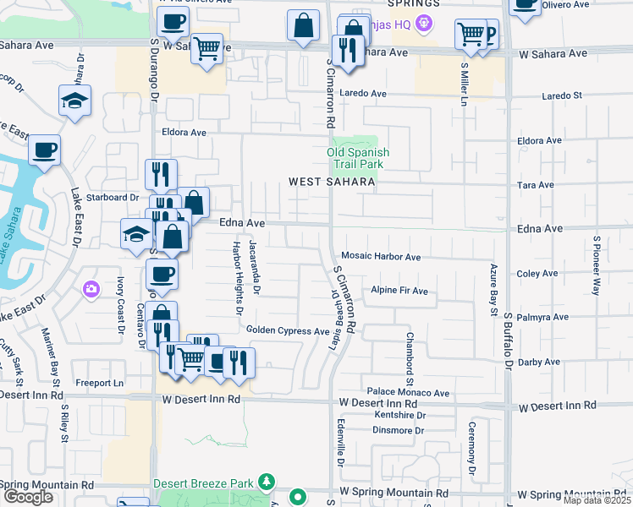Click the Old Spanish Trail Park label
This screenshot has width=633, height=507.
(x=358, y=158)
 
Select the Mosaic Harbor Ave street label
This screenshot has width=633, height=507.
(x=380, y=256)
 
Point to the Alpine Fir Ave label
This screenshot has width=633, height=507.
(x=399, y=291)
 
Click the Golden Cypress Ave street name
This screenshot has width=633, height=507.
(x=287, y=330)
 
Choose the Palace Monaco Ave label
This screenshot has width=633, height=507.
(x=408, y=393)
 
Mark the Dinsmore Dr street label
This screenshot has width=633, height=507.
(x=398, y=430)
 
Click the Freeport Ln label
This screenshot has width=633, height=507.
(x=99, y=383)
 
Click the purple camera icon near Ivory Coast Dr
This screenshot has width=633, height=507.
(x=91, y=290)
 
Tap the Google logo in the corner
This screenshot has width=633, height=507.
(x=28, y=497)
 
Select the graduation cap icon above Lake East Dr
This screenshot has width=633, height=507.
(x=74, y=101)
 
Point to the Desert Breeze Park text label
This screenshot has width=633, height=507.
(x=203, y=483)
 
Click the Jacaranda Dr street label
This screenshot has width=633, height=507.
(x=255, y=268)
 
